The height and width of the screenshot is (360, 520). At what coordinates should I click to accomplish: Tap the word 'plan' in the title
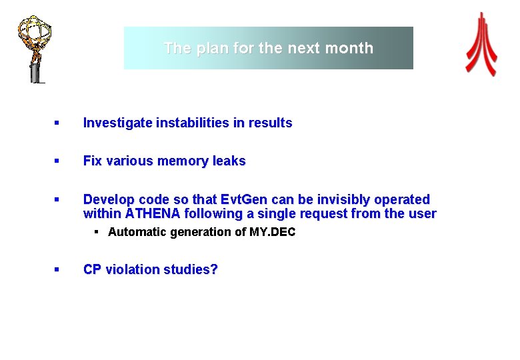point(209,48)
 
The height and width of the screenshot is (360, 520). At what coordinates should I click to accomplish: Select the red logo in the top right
point(481,44)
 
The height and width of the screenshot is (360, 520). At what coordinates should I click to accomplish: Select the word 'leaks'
point(229,161)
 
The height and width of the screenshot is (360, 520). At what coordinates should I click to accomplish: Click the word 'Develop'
point(107,199)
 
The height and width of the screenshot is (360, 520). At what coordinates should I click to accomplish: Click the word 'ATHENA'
point(152,214)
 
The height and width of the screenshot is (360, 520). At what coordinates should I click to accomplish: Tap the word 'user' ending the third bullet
point(422,214)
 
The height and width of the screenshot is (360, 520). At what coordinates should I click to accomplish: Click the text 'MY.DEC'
point(273,232)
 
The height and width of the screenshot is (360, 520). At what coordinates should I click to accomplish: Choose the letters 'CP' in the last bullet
point(92,270)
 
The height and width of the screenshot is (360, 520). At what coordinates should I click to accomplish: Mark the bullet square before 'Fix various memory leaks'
point(57,161)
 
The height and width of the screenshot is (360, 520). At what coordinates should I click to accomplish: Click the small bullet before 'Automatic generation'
point(97,232)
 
